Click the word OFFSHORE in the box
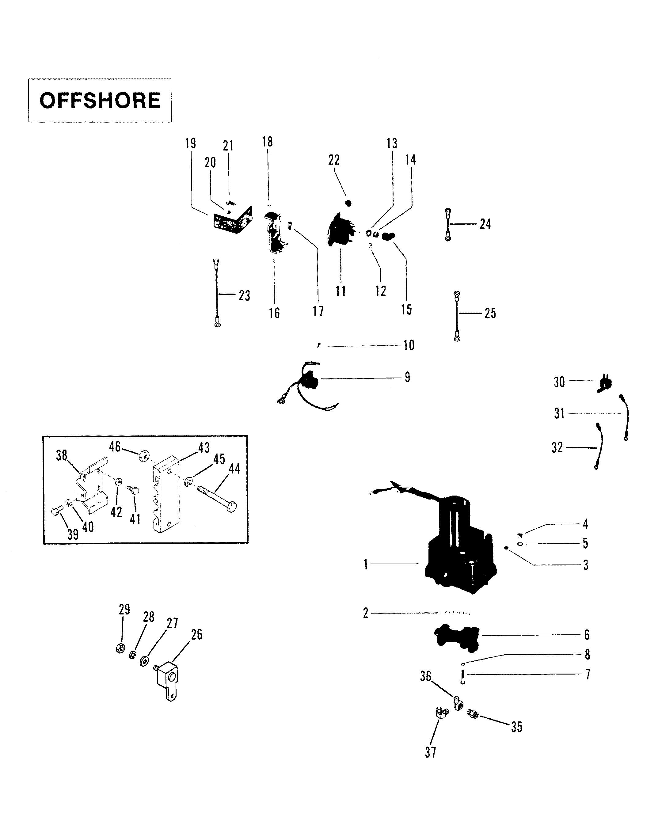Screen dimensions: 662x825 100,100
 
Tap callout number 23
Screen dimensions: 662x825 245,295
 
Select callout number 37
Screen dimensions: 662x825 431,752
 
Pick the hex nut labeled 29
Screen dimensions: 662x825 120,648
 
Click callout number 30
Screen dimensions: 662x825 559,382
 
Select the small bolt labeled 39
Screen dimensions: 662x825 57,511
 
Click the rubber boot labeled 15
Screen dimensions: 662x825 389,236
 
